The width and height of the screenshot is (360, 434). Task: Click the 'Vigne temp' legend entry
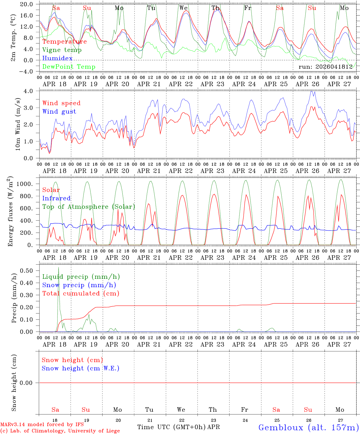(62, 50)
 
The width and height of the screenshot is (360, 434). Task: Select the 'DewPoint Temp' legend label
(69, 67)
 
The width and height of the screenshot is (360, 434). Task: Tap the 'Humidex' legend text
(57, 58)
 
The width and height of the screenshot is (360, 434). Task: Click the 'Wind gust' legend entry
(59, 112)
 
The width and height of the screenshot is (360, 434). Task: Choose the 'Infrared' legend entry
(56, 198)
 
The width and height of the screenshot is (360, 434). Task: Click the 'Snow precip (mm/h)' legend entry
(79, 285)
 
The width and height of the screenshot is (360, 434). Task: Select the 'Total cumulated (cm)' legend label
(81, 293)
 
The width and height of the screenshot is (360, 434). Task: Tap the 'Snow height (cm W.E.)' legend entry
(81, 368)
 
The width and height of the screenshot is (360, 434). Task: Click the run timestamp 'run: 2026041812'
(325, 67)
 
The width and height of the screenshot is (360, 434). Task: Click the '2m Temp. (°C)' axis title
(13, 38)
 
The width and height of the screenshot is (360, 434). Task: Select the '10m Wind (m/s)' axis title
(18, 124)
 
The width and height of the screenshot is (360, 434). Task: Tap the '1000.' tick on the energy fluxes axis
(25, 184)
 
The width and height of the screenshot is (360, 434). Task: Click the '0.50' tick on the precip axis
(27, 271)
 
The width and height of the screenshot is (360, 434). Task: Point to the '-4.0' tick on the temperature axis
(26, 71)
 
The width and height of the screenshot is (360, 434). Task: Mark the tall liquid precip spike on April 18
(59, 267)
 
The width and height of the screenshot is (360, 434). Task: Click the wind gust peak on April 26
(311, 91)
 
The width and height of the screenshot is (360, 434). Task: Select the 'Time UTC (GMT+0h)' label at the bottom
(172, 427)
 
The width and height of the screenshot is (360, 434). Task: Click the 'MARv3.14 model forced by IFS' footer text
(42, 424)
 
